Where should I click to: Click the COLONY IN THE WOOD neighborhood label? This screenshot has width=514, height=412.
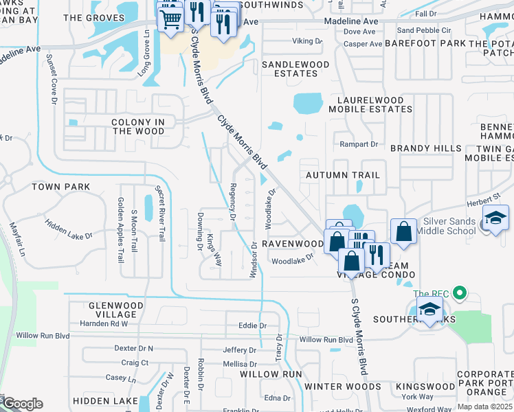click(x=138, y=126)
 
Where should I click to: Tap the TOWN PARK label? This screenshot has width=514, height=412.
click(x=60, y=187)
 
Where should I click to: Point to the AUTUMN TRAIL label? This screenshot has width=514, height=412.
click(x=342, y=175)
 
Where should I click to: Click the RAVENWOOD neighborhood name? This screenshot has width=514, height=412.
click(x=291, y=243)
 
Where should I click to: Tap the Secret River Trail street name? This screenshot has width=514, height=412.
click(x=160, y=213)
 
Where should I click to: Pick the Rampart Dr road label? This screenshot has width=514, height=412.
click(x=359, y=144)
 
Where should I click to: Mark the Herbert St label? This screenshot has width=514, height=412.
click(x=483, y=197)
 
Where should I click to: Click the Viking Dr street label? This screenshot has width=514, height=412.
click(x=307, y=41)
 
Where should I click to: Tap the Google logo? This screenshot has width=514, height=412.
click(x=23, y=404)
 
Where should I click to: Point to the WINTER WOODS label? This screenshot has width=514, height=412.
click(x=342, y=387)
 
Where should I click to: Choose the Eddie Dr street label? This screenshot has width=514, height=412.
click(x=252, y=325)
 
